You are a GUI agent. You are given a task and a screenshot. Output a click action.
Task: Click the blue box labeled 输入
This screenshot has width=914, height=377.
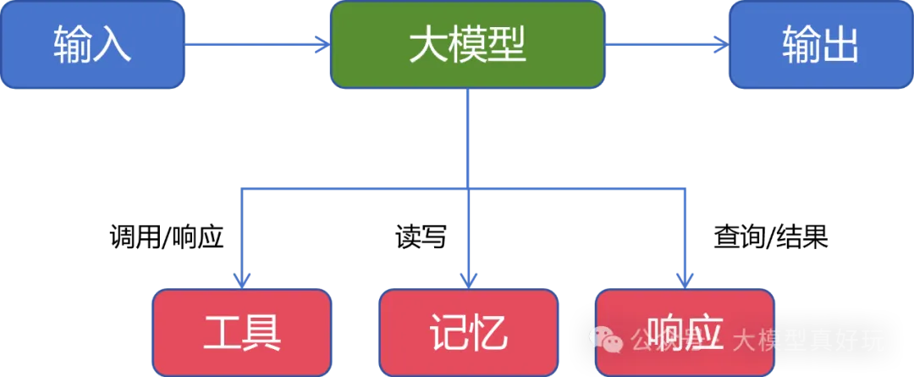point(92,45)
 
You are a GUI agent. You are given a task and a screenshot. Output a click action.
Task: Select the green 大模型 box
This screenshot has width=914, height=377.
point(467,45)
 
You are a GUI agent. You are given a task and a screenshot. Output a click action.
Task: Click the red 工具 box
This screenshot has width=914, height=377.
point(241,332)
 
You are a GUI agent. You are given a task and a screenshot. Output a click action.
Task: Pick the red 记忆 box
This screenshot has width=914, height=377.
point(468,332)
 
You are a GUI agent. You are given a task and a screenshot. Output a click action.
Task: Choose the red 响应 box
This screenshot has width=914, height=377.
point(684,332)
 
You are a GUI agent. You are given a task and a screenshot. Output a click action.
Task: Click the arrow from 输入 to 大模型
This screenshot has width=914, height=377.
point(254,44)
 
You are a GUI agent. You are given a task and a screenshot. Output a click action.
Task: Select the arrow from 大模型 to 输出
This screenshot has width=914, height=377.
point(664,44)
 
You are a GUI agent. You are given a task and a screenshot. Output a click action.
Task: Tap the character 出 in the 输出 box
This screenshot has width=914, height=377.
point(840,45)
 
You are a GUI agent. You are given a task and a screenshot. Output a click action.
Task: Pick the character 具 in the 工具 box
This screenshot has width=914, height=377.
point(262,333)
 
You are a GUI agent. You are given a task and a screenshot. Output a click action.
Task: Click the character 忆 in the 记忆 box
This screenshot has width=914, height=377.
point(488,333)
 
